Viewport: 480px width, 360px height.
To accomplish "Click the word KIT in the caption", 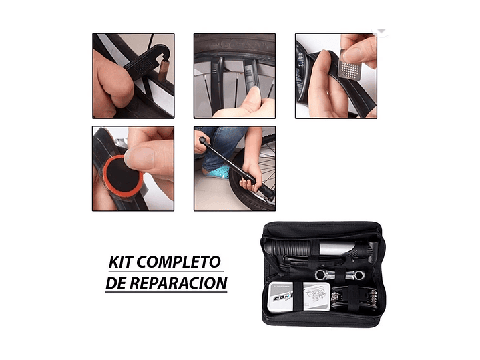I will (122, 261).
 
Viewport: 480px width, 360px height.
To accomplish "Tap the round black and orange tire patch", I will (118, 174).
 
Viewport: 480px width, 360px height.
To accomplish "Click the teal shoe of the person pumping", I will (220, 172).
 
